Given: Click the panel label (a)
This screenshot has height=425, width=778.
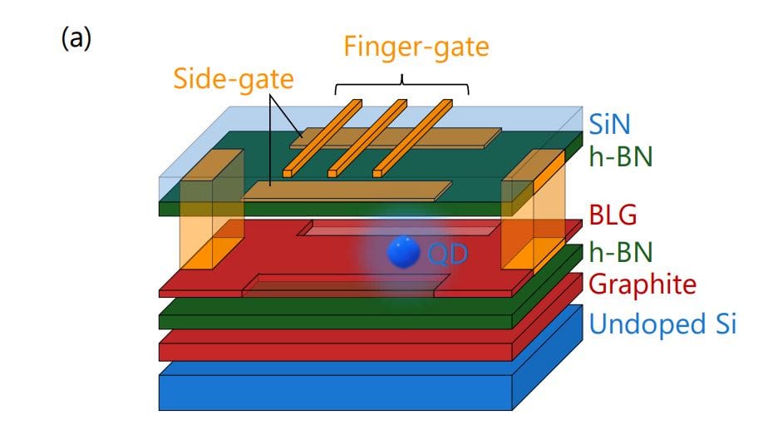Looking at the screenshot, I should (76, 40).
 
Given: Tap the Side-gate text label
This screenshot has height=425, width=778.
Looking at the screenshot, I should (234, 80).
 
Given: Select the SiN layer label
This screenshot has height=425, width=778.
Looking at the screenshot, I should (613, 125).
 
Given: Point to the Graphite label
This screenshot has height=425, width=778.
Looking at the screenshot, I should (642, 284).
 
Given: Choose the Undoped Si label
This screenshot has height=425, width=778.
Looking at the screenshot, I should (662, 324).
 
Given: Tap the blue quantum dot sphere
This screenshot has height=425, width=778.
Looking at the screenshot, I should (405, 252).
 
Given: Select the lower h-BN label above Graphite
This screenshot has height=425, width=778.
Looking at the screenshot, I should (621, 250).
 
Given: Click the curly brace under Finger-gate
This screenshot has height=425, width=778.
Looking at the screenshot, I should (402, 86).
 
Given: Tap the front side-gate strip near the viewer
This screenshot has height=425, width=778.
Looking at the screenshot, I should (347, 190).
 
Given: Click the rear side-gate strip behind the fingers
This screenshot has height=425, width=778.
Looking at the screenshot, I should (465, 136).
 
